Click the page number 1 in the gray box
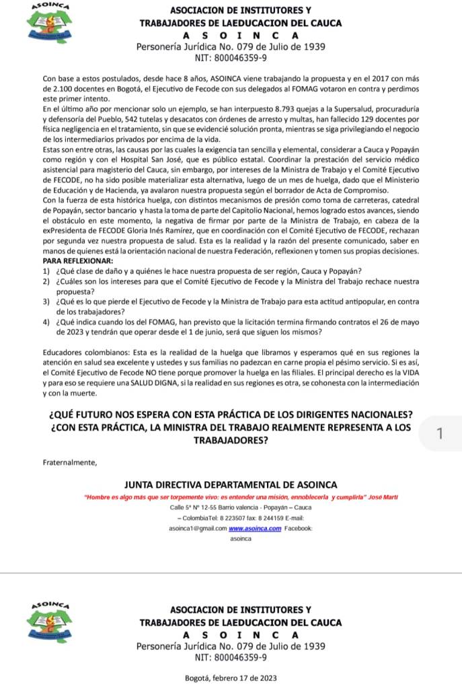pos(439,434)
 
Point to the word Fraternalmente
pos(69,462)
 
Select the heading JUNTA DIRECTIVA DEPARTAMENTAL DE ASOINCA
pos(231,484)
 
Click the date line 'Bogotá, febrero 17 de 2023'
pos(231,678)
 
